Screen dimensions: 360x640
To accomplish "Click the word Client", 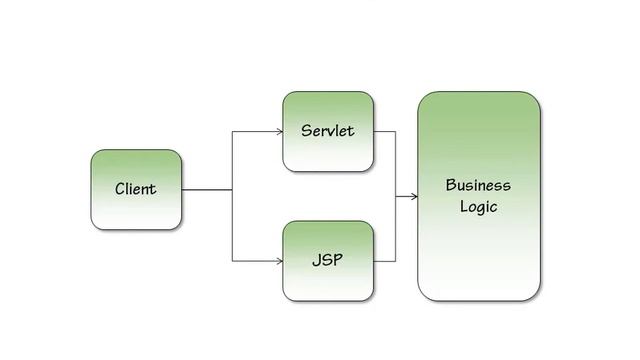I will click(135, 189).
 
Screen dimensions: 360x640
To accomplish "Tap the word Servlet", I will click(327, 131).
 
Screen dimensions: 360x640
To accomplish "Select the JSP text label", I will click(327, 260).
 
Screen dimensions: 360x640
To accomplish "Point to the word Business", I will click(478, 185).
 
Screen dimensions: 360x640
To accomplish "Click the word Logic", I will click(478, 207).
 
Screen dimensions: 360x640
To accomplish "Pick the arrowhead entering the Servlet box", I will click(278, 131).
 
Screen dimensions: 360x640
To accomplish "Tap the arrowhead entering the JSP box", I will click(278, 261).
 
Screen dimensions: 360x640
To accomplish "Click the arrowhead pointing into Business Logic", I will click(413, 196).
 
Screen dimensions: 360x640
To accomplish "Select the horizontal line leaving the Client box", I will click(206, 190).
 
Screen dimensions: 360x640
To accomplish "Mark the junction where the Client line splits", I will click(232, 190).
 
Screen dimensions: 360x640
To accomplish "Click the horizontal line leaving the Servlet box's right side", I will click(384, 131).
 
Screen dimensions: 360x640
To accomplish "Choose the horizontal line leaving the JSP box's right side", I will click(384, 261).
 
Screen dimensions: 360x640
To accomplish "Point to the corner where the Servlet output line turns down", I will click(395, 131).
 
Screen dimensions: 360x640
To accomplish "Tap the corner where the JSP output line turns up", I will click(395, 261).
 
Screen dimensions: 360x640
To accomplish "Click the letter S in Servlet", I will click(306, 131).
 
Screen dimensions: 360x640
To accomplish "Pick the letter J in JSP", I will click(315, 260).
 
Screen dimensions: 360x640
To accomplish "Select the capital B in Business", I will click(451, 185).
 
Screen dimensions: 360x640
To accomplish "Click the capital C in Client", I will click(120, 189).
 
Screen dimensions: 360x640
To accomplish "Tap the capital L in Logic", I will click(464, 206).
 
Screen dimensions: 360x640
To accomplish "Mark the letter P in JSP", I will click(338, 260).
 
